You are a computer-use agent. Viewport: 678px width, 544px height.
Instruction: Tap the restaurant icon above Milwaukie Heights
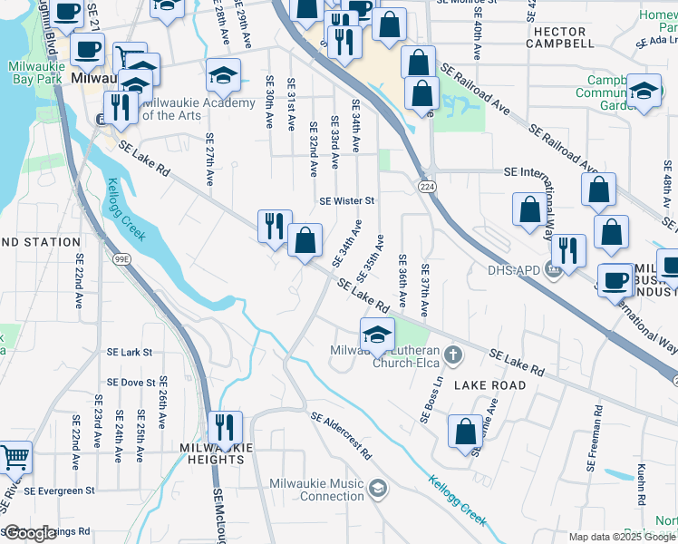pyautogui.click(x=225, y=427)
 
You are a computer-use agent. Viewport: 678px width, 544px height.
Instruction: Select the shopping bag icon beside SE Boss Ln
pyautogui.click(x=465, y=433)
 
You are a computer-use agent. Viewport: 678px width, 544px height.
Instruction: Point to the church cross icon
pyautogui.click(x=457, y=353)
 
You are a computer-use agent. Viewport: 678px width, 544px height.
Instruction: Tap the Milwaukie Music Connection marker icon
pyautogui.click(x=377, y=490)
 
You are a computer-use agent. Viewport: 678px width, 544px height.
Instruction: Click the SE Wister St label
pyautogui.click(x=346, y=200)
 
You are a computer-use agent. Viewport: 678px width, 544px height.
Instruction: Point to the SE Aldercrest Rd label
pyautogui.click(x=341, y=435)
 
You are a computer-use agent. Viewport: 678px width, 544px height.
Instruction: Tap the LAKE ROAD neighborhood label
pyautogui.click(x=489, y=385)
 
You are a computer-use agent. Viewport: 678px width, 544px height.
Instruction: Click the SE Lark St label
pyautogui.click(x=130, y=352)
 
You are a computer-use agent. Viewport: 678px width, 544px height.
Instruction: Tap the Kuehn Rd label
pyautogui.click(x=641, y=486)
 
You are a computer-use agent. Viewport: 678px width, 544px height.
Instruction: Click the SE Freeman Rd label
pyautogui.click(x=592, y=444)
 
